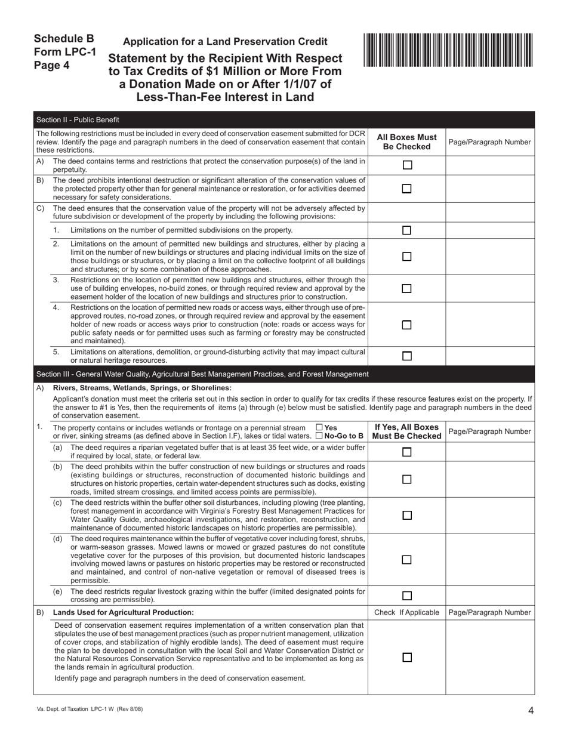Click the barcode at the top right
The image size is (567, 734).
448,50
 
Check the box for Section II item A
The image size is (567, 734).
407,165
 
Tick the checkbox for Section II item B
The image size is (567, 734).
407,189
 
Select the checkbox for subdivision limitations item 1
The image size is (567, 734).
407,230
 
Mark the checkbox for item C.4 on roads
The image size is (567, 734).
407,325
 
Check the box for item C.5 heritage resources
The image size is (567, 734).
407,356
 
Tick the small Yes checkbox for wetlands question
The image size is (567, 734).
319,427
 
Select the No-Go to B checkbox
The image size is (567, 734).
319,436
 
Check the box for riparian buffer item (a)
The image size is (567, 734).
407,452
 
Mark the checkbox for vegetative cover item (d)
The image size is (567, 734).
407,560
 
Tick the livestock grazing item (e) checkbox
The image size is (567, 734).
407,596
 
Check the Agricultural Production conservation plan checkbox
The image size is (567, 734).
407,657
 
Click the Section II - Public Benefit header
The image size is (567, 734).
78,119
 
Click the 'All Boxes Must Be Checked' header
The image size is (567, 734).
406,142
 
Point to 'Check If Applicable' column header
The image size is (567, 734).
406,612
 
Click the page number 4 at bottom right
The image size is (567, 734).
531,710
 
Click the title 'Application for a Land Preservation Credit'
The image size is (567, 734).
225,42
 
